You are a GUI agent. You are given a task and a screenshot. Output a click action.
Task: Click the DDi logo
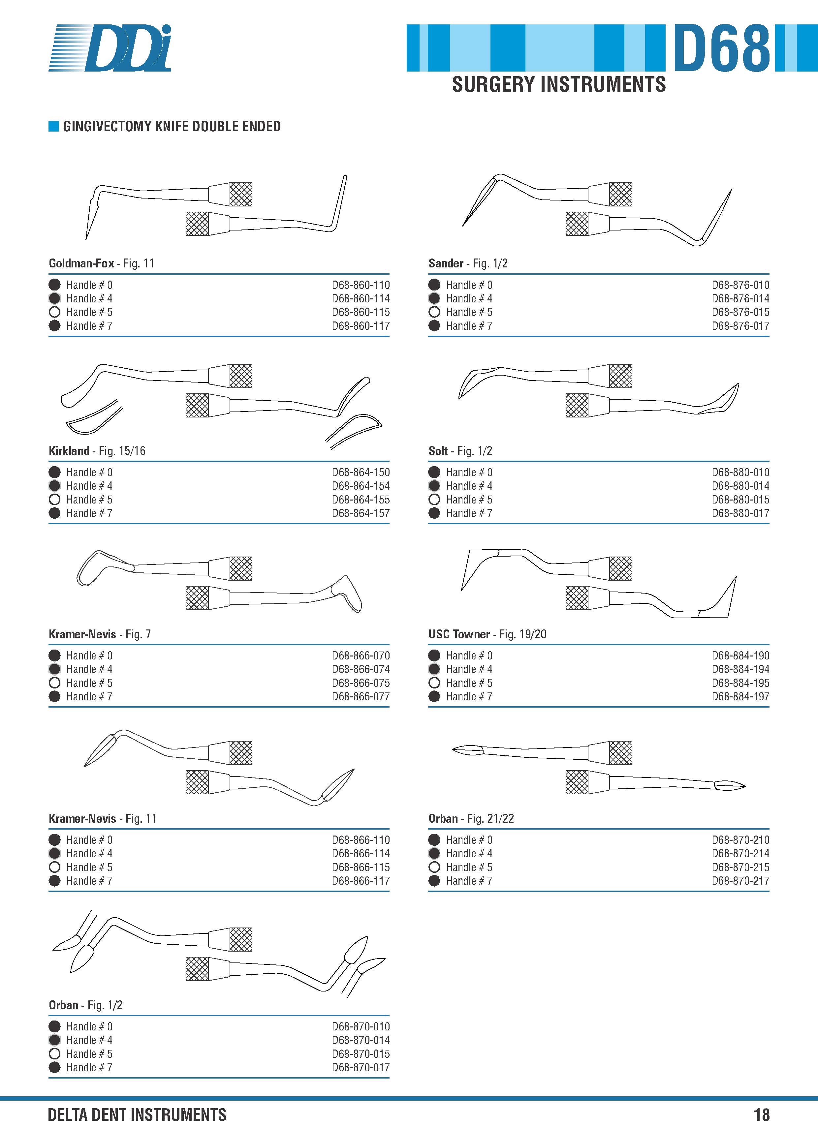110,48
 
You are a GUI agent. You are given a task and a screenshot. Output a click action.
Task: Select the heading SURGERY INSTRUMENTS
559,84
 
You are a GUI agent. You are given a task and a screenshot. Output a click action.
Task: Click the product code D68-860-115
361,312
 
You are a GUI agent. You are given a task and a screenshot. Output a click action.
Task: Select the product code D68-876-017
740,326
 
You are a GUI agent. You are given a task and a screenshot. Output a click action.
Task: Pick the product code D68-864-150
361,472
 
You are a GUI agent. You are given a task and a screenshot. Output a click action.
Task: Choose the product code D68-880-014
740,486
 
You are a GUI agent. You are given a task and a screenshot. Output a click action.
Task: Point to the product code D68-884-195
740,683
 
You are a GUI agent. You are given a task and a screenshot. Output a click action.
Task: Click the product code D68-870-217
740,881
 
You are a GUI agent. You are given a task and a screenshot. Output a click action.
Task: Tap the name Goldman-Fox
81,263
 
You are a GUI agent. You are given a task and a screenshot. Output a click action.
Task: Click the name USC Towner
459,634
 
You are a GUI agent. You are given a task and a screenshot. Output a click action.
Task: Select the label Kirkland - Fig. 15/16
97,451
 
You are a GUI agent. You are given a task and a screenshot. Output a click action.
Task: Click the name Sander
446,263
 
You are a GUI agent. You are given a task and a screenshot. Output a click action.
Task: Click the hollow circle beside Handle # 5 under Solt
434,499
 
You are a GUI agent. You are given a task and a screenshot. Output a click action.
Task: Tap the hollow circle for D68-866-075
55,683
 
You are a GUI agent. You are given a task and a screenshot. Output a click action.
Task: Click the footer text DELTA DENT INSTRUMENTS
137,1114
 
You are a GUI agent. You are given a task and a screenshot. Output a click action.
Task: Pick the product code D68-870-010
361,1026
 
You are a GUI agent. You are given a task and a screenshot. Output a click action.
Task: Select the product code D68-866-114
361,853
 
